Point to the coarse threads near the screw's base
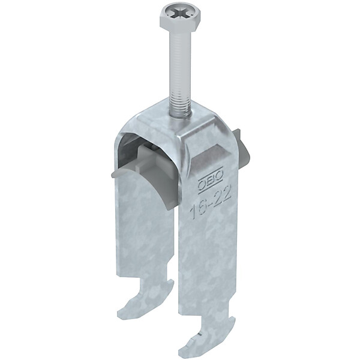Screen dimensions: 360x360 tap(179, 100)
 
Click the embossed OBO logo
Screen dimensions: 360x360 tap(210, 181)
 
